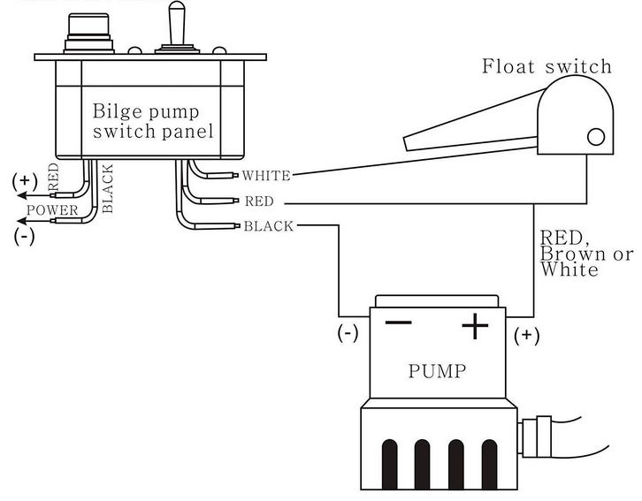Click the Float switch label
(546, 67)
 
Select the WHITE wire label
(266, 176)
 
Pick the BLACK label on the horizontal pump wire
(268, 226)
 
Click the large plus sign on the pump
(475, 327)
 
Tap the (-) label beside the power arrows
(24, 237)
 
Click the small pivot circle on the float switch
(596, 136)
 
